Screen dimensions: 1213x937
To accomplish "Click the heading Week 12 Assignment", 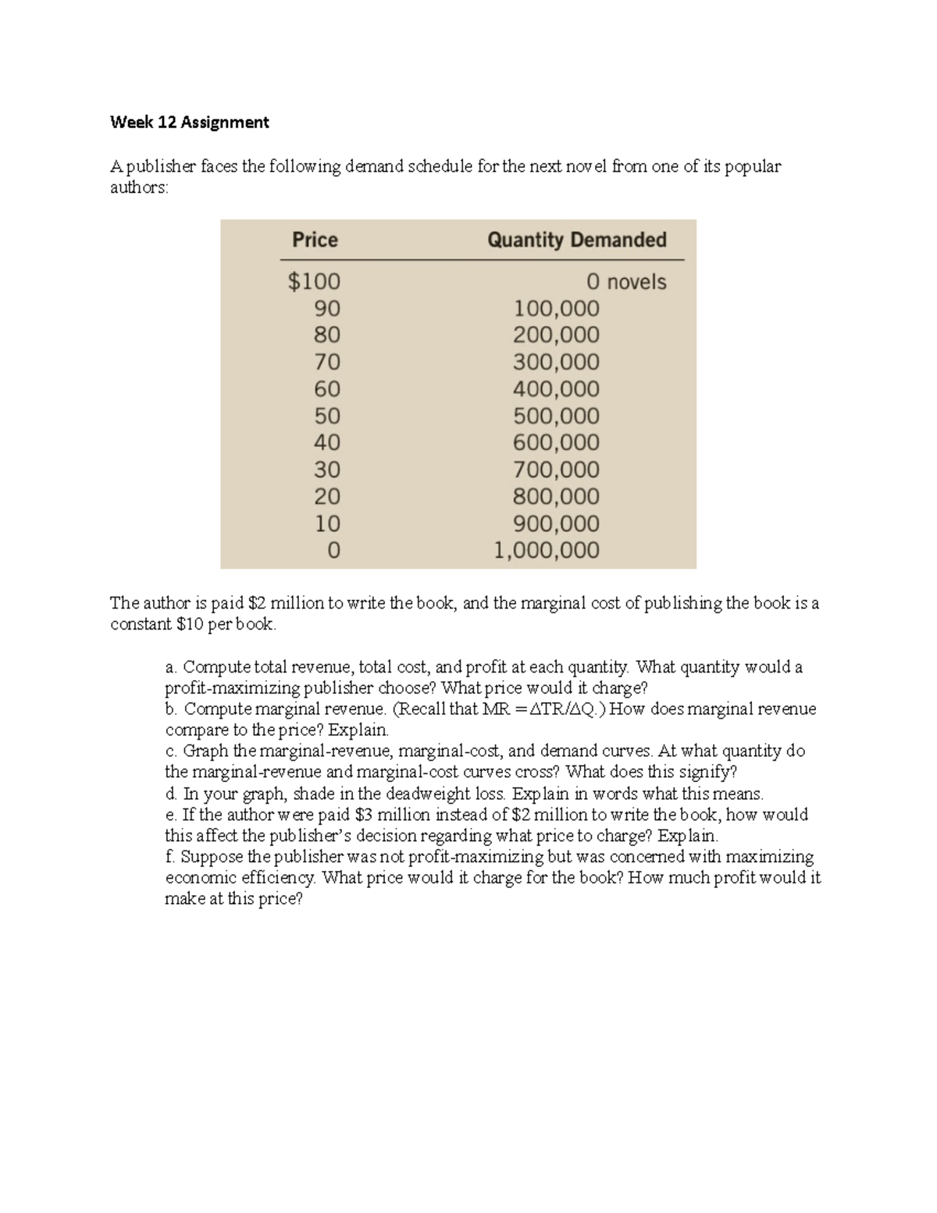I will [x=189, y=122].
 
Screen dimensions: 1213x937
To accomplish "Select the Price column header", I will [x=315, y=240].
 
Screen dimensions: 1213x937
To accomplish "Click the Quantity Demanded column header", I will [x=576, y=240].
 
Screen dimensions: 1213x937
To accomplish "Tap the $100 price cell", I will [x=314, y=281].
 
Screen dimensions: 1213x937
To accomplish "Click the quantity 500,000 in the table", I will [x=556, y=416].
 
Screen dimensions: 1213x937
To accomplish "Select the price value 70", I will [x=327, y=362].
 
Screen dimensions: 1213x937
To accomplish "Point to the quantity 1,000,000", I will [x=547, y=550].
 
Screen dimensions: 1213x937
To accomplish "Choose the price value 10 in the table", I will [x=327, y=523].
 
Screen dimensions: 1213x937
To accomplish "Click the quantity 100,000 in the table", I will [x=556, y=309].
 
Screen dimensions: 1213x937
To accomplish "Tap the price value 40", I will [x=327, y=443].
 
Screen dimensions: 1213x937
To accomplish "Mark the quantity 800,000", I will [x=556, y=497].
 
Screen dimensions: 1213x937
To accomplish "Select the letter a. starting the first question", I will [x=172, y=667].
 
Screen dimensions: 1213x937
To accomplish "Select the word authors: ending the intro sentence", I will [x=139, y=187].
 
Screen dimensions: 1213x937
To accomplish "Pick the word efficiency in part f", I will [x=279, y=878].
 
